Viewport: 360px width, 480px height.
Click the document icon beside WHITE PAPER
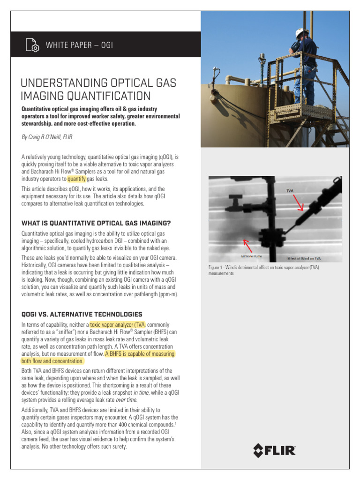click(x=32, y=45)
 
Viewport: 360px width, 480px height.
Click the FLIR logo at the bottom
click(x=274, y=451)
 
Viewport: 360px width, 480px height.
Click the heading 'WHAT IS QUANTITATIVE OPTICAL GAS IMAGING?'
click(x=96, y=222)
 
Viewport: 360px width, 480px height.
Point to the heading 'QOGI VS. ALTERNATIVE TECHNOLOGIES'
click(x=82, y=314)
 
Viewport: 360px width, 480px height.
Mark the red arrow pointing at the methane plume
click(x=249, y=246)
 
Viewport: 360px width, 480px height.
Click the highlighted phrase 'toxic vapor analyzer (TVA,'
click(x=118, y=324)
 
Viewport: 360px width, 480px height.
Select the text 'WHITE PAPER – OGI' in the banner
click(x=79, y=45)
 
